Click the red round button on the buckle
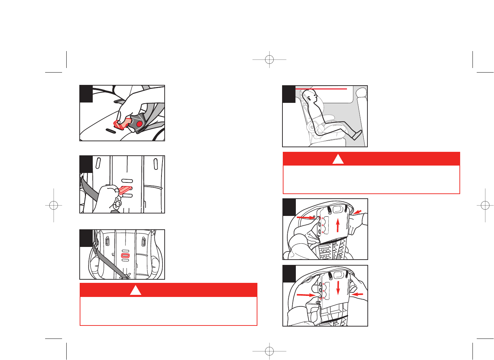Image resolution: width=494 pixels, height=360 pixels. pos(139,124)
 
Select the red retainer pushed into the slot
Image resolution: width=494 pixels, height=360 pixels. pos(125,190)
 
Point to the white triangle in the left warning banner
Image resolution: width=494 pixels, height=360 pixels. pos(135,290)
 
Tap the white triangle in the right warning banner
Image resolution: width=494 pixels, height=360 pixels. pos(338,160)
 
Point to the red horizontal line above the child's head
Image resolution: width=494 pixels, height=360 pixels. pos(321,89)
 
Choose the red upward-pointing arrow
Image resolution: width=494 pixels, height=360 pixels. pos(337,225)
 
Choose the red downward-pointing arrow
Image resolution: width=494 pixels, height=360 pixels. pos(338,287)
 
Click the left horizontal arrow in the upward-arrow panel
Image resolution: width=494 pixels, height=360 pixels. pos(305,218)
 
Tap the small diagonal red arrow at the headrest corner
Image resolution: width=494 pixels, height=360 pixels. pos(357,212)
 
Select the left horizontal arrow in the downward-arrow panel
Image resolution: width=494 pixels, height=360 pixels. pos(305,294)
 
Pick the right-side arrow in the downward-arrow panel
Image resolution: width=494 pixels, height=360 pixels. pos(357,294)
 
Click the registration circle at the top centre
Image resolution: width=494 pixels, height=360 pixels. pos(269,60)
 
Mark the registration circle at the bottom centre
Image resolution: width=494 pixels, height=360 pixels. pos(269,351)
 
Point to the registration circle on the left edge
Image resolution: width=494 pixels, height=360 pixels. pos(54,205)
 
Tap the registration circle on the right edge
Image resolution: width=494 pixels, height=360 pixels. pos(485,205)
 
